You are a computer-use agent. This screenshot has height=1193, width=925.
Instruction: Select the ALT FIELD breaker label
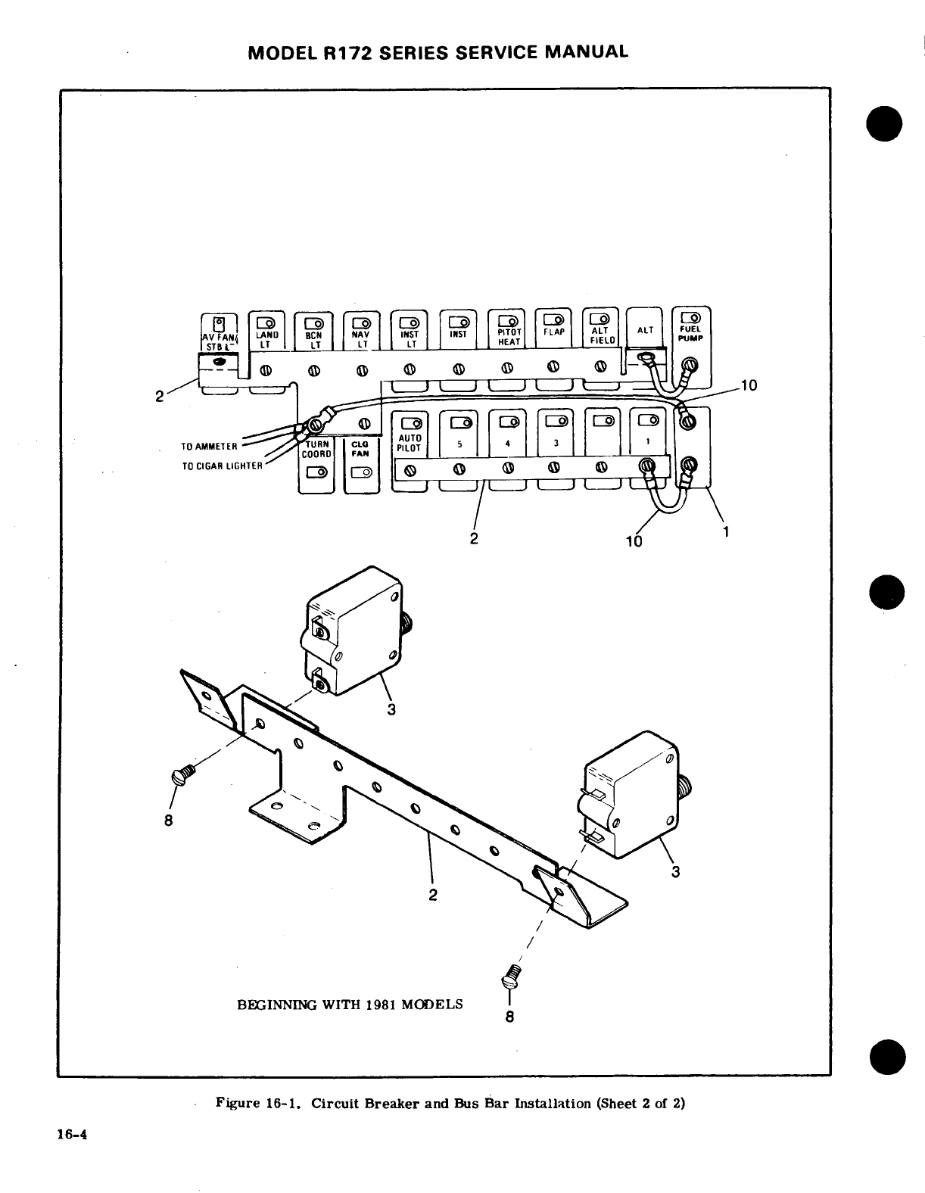pos(600,335)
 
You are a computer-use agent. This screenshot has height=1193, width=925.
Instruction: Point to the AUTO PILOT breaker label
pos(409,443)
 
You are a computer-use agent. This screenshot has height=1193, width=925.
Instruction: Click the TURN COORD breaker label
pos(315,450)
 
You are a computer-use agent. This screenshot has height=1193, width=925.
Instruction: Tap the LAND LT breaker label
pos(266,338)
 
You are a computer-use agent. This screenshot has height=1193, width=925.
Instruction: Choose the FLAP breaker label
pos(554,332)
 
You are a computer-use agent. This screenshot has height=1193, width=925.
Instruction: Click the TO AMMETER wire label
pos(210,446)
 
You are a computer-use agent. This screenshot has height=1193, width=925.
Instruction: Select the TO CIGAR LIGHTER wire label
pos(223,466)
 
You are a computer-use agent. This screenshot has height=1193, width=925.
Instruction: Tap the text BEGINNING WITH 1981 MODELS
pos(350,1005)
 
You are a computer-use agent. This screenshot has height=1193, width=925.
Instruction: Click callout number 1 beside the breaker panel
pos(725,532)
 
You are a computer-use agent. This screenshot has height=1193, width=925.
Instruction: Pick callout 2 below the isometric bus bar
pos(433,895)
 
